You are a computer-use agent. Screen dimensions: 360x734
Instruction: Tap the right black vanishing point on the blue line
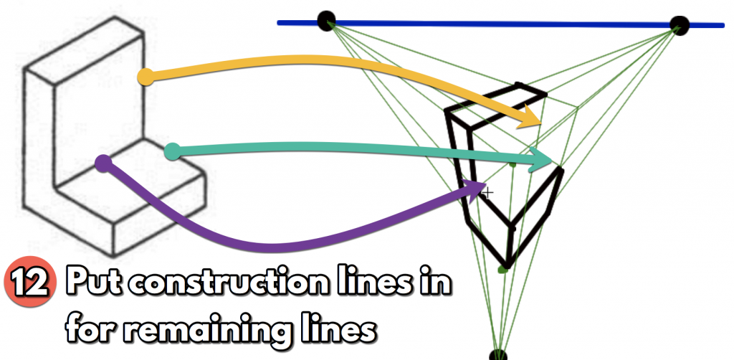coord(679,26)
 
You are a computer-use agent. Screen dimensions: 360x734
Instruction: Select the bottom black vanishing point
coord(498,355)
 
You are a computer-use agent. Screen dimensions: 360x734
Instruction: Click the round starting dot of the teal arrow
coord(172,151)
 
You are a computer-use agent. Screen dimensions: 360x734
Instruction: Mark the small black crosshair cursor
coord(488,193)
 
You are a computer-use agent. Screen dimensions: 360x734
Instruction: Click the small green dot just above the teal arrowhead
coord(513,164)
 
